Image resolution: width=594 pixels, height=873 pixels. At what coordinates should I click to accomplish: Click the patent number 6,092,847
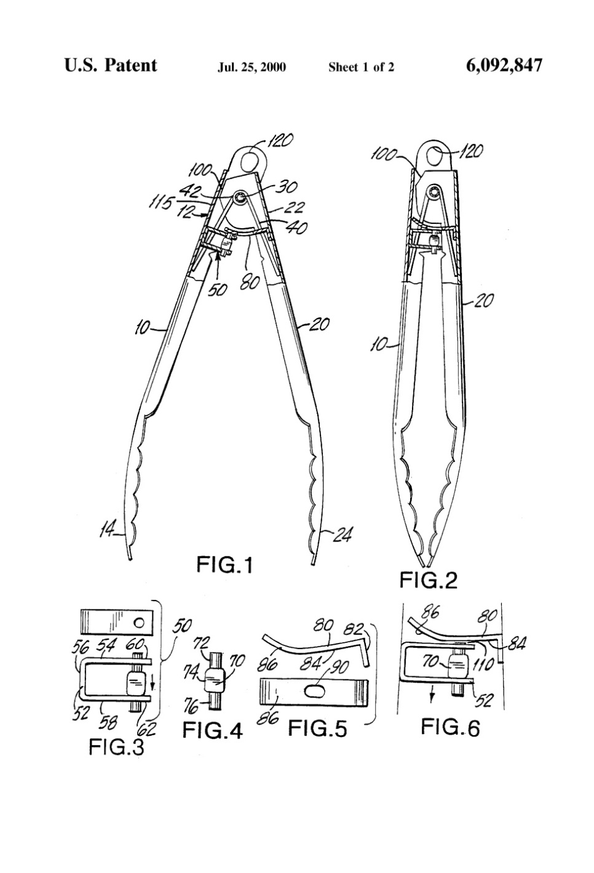coord(504,65)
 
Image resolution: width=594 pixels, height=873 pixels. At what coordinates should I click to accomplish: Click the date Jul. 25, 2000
coord(251,67)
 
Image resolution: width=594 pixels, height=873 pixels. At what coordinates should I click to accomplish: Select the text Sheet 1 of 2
coord(361,67)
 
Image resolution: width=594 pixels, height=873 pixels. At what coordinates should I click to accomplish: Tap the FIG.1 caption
coord(224,564)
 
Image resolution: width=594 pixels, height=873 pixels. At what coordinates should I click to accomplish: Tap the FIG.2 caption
coord(429,579)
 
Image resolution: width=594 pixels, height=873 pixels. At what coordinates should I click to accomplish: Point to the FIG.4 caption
coord(212,730)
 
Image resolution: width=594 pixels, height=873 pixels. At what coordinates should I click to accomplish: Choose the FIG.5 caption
coord(317,729)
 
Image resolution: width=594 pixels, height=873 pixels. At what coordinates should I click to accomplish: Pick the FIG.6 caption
coord(450,727)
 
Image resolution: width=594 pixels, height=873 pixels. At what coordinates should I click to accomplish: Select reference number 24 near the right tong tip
coord(342,535)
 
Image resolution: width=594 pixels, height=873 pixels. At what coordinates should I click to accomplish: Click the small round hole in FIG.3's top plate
coord(140,622)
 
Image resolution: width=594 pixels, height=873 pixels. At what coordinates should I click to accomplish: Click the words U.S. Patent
coord(111,65)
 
